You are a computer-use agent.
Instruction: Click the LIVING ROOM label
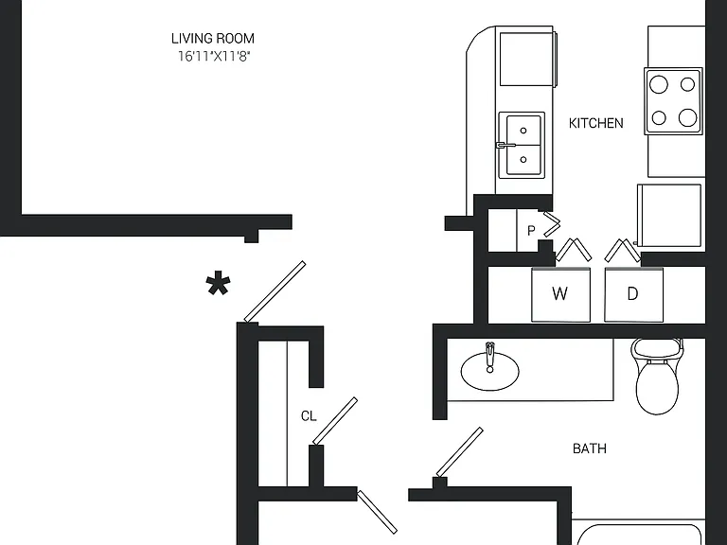(x=213, y=39)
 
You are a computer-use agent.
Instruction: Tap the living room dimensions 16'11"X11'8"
(x=214, y=57)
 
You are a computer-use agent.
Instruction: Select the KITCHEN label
(x=595, y=123)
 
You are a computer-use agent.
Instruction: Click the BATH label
(x=590, y=448)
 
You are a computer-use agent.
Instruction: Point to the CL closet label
(x=309, y=416)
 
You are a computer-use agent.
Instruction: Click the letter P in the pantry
(x=531, y=230)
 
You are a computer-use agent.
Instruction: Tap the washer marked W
(x=560, y=294)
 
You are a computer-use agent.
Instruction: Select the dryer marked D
(x=634, y=294)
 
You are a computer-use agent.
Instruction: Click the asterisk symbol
(x=218, y=284)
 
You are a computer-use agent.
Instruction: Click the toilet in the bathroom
(x=658, y=376)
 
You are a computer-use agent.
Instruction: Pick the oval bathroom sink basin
(x=489, y=371)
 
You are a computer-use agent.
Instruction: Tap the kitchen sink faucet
(x=505, y=145)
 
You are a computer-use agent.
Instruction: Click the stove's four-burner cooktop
(x=673, y=101)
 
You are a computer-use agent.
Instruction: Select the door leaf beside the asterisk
(x=275, y=291)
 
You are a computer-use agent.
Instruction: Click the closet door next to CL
(x=335, y=421)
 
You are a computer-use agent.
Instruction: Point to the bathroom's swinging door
(x=459, y=452)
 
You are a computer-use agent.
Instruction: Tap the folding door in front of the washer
(x=574, y=250)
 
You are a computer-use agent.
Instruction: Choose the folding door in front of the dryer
(x=623, y=250)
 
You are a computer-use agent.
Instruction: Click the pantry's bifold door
(x=552, y=224)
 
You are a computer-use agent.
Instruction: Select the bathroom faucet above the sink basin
(x=489, y=358)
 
